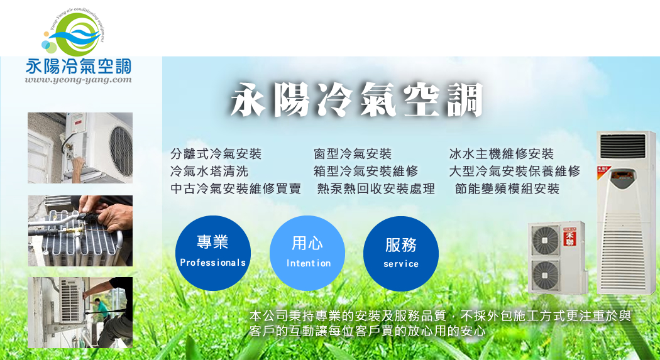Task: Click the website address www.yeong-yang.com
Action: pos(79,80)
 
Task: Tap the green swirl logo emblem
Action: pos(74,34)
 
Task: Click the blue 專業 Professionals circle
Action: pos(213,253)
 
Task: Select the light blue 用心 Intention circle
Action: pos(307,253)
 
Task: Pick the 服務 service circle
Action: pos(401,254)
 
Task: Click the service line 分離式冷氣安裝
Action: pos(216,154)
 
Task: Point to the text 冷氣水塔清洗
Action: pos(209,171)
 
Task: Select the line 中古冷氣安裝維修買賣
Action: pos(236,188)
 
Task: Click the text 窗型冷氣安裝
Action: pos(353,154)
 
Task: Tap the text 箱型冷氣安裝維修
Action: pos(366,171)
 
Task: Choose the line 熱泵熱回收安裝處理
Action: pos(376,189)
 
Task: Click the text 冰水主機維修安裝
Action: pos(502,154)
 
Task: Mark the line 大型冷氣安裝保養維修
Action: pos(515,171)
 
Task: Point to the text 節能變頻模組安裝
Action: pos(507,189)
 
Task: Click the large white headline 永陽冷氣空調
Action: pos(356,100)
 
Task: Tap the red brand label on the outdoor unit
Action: pos(569,236)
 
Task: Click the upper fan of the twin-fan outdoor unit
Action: pos(546,241)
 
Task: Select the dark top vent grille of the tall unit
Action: pos(622,146)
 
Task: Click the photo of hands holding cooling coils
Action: pos(80,231)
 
